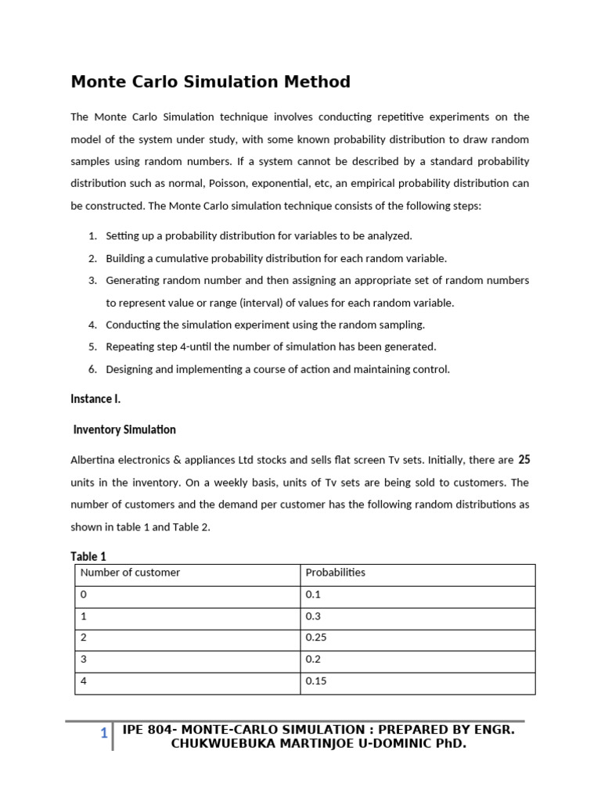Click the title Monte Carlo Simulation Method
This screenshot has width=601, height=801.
(x=211, y=81)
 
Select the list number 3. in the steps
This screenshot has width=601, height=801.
(x=92, y=280)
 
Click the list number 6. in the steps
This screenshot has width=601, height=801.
(x=92, y=369)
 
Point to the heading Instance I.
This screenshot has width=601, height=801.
(x=95, y=399)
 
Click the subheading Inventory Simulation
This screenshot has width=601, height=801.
(x=124, y=429)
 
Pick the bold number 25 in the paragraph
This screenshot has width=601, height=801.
(x=524, y=460)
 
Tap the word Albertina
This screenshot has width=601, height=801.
(x=94, y=461)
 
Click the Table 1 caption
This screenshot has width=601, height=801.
(x=88, y=556)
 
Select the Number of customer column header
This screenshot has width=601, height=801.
(x=130, y=573)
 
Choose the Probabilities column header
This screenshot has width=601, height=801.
(x=335, y=573)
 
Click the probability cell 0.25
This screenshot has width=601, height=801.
(x=316, y=638)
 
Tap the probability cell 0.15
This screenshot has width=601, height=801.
(x=316, y=681)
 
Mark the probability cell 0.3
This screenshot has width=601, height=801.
(x=313, y=616)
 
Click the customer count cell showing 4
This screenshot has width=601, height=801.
(x=84, y=681)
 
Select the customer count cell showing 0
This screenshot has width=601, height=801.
(x=84, y=594)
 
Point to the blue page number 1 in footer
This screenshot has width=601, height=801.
(x=103, y=734)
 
